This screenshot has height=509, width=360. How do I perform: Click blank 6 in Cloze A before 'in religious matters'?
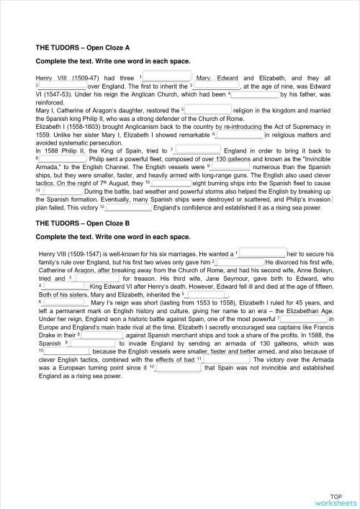point(240,134)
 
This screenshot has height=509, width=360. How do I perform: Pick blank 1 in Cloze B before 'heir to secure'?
point(262,253)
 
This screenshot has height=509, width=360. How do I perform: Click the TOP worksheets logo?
point(335,499)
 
